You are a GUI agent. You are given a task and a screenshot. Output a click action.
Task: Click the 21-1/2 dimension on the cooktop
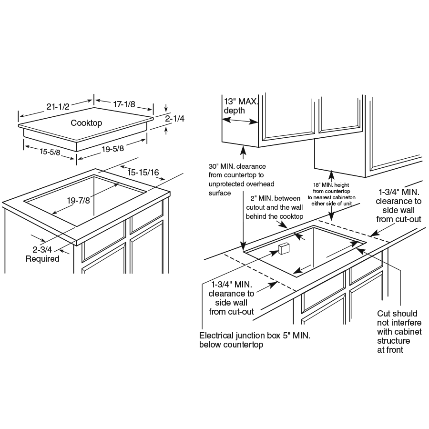click(x=58, y=106)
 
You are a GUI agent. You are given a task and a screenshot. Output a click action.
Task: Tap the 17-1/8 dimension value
click(x=124, y=104)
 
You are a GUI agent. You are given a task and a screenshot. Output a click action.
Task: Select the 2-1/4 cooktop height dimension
click(x=174, y=119)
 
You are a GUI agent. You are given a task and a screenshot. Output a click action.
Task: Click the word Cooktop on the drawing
click(x=86, y=123)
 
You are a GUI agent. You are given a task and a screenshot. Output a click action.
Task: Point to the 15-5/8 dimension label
click(x=50, y=152)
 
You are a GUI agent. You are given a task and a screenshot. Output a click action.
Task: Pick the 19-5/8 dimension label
click(x=112, y=149)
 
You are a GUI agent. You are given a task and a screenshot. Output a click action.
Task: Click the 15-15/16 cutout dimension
click(x=143, y=173)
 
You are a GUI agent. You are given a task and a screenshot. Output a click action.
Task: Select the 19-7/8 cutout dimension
click(x=78, y=201)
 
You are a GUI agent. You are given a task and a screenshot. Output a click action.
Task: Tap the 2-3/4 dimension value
click(x=42, y=249)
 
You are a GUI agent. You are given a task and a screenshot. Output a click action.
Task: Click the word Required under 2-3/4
click(x=42, y=259)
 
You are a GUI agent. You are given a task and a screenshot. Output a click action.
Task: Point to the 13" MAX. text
click(x=241, y=102)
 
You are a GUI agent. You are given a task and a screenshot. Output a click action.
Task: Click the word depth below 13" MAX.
click(x=234, y=111)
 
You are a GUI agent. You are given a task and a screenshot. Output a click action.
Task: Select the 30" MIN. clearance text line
click(x=237, y=166)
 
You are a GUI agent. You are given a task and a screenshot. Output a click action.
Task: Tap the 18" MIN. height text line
click(x=331, y=185)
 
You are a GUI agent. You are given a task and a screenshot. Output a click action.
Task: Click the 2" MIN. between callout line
click(x=275, y=198)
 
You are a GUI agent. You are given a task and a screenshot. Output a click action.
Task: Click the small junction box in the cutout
click(x=284, y=248)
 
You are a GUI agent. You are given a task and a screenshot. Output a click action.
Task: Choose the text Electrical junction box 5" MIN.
click(x=255, y=336)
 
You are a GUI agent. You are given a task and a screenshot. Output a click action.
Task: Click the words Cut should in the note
click(x=397, y=314)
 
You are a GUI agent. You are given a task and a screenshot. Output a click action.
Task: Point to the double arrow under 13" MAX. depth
click(x=240, y=121)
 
